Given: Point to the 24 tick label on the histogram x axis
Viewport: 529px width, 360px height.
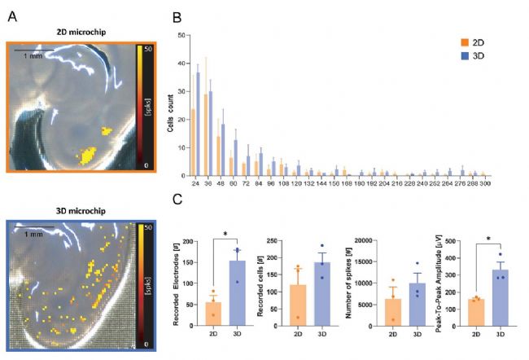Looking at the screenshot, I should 195,183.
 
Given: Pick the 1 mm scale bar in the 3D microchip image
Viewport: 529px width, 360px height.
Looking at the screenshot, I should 34,230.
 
